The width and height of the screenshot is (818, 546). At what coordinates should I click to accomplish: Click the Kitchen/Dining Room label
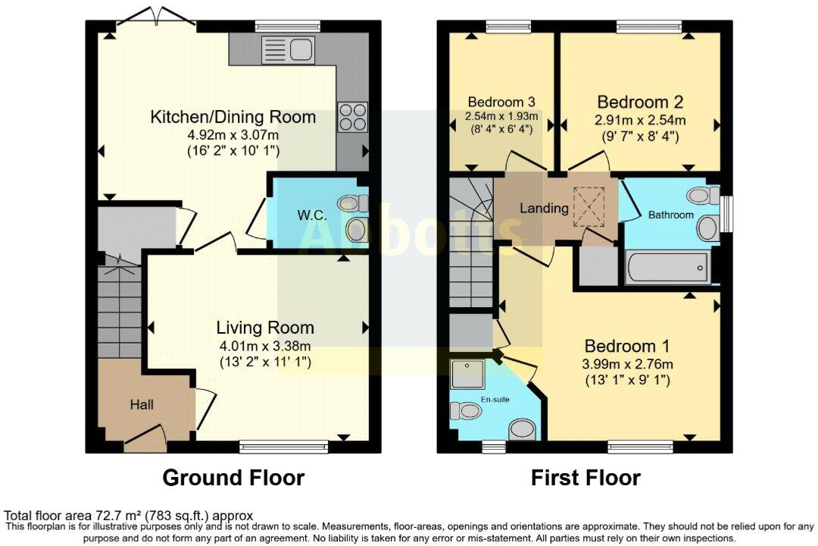(233, 117)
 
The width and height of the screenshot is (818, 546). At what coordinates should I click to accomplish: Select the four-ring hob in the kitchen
(352, 118)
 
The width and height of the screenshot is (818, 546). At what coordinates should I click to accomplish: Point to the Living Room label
(264, 328)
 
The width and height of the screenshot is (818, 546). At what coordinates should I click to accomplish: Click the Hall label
(142, 404)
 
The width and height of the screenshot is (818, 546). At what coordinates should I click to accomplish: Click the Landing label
(544, 208)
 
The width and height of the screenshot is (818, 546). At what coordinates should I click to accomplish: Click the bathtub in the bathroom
(667, 268)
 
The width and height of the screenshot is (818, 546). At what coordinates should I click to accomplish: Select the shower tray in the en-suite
(470, 374)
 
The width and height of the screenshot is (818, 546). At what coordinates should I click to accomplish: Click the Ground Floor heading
(233, 478)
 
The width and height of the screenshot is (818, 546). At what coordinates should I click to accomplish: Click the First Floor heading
(585, 478)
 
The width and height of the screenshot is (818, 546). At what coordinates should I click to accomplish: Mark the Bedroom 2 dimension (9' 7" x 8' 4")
(642, 136)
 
